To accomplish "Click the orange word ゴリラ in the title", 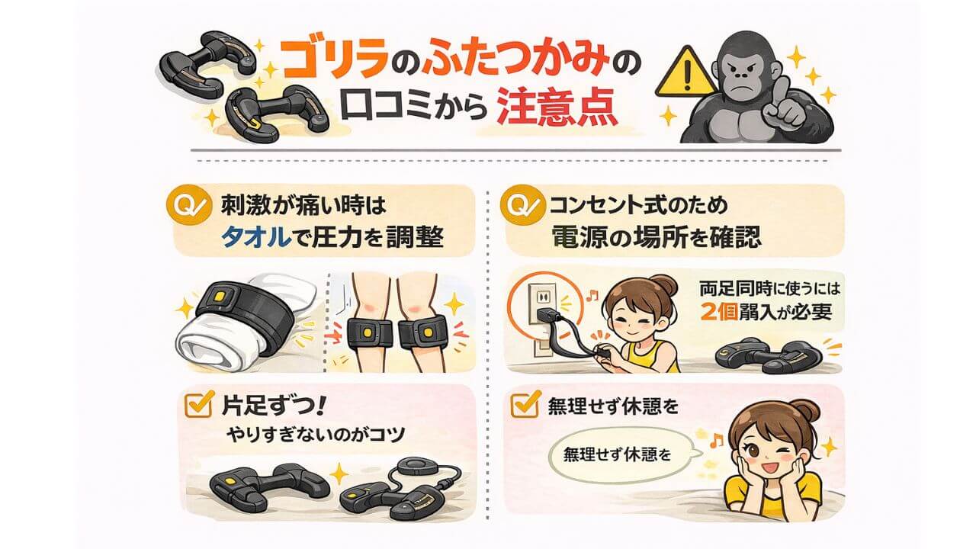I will [x=325, y=60].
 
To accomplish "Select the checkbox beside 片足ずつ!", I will [x=197, y=407].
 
